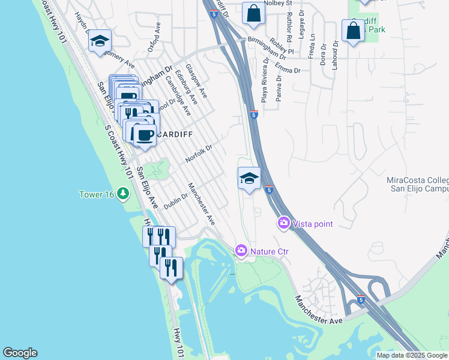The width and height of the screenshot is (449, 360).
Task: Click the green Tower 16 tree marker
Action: pos(123,194)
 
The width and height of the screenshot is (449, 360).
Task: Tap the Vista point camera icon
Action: pos(284,223)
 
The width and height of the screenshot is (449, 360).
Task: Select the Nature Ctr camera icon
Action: pos(241,250)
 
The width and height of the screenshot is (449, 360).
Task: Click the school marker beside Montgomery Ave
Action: pos(100,41)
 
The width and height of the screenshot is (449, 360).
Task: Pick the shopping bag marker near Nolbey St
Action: pos(253,13)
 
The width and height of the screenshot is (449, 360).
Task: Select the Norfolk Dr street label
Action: pos(199,152)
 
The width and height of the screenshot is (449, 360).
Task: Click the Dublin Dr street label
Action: pos(176,201)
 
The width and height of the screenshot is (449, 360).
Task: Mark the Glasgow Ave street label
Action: pos(196,81)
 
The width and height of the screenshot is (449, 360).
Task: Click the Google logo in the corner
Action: pos(20,353)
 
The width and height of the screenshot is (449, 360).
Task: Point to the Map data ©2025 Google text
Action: pos(412,355)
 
